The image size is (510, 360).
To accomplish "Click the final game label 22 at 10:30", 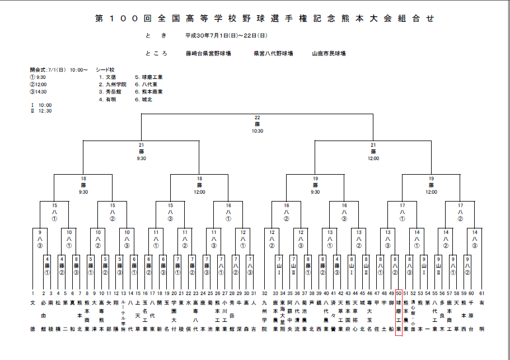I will pyautogui.click(x=258, y=124).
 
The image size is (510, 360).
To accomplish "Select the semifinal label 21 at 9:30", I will pyautogui.click(x=142, y=151).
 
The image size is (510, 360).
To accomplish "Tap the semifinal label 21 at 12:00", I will pyautogui.click(x=373, y=151).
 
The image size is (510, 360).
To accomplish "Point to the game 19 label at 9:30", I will pyautogui.click(x=315, y=185).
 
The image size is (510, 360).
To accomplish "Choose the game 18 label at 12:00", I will pyautogui.click(x=199, y=185).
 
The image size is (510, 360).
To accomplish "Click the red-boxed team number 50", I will pyautogui.click(x=399, y=293).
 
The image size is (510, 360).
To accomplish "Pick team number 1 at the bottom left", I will pyautogui.click(x=32, y=293).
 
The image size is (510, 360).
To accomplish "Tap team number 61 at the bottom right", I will pyautogui.click(x=481, y=293).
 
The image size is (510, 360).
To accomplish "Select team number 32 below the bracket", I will pyautogui.click(x=265, y=293).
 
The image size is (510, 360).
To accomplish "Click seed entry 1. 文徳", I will pyautogui.click(x=107, y=77).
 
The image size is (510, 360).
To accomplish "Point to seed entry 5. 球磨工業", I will pyautogui.click(x=148, y=77).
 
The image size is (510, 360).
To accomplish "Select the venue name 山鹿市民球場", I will pyautogui.click(x=329, y=54).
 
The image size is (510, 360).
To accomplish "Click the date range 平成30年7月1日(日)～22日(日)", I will pyautogui.click(x=221, y=35).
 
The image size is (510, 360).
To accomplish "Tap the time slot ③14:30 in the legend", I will pyautogui.click(x=39, y=92).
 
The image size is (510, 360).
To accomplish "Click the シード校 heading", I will pyautogui.click(x=105, y=70).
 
